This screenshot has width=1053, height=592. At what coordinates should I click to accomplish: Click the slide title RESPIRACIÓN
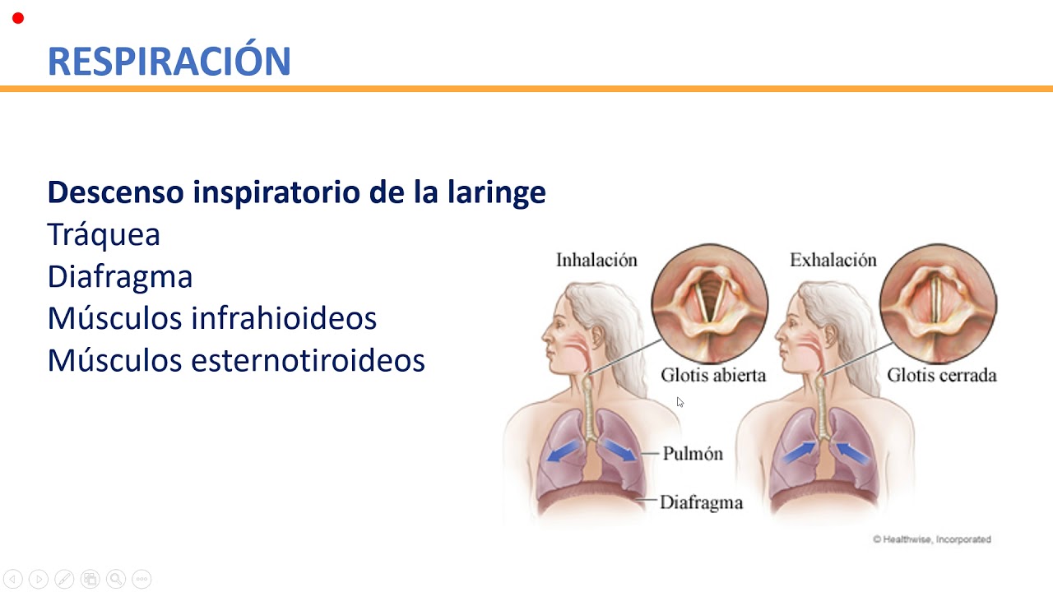click(x=169, y=62)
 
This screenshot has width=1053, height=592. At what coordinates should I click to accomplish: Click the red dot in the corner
click(x=18, y=18)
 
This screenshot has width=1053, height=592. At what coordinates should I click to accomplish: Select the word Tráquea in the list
click(x=104, y=235)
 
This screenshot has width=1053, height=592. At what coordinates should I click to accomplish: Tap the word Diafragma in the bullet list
click(x=120, y=277)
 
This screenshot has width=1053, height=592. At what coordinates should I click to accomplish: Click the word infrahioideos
click(x=284, y=318)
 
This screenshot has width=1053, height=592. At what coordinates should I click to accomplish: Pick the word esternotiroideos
click(x=308, y=360)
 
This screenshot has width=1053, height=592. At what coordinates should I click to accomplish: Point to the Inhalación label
click(x=596, y=261)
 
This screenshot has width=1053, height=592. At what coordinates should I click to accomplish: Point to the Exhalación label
click(x=833, y=261)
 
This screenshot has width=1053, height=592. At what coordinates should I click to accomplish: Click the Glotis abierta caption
click(x=713, y=376)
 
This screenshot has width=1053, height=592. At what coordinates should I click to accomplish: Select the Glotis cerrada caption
click(x=941, y=376)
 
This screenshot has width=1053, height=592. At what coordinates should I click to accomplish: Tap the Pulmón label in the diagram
click(x=693, y=453)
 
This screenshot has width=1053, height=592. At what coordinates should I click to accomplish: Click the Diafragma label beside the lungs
click(x=701, y=502)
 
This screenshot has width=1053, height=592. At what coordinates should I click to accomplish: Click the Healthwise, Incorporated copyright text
click(x=932, y=539)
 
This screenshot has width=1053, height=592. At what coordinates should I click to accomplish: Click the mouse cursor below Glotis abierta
click(x=680, y=402)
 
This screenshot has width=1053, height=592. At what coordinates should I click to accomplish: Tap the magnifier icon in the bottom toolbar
click(x=116, y=579)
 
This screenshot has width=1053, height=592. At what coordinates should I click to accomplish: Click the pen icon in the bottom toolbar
click(x=64, y=579)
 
